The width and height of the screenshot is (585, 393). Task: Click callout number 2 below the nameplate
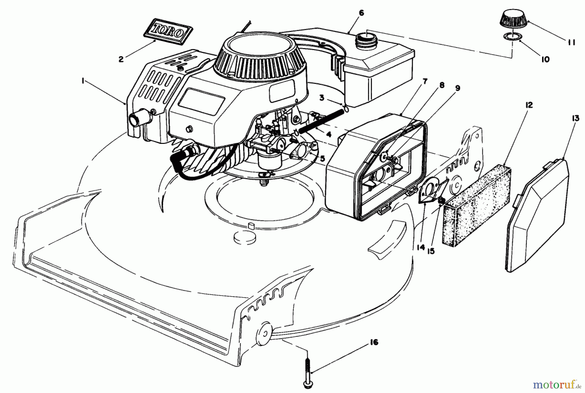(121, 59)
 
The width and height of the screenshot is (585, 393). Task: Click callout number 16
(374, 342)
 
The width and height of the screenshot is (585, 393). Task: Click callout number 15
(431, 251)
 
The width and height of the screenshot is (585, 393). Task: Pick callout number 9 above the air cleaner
(458, 88)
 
